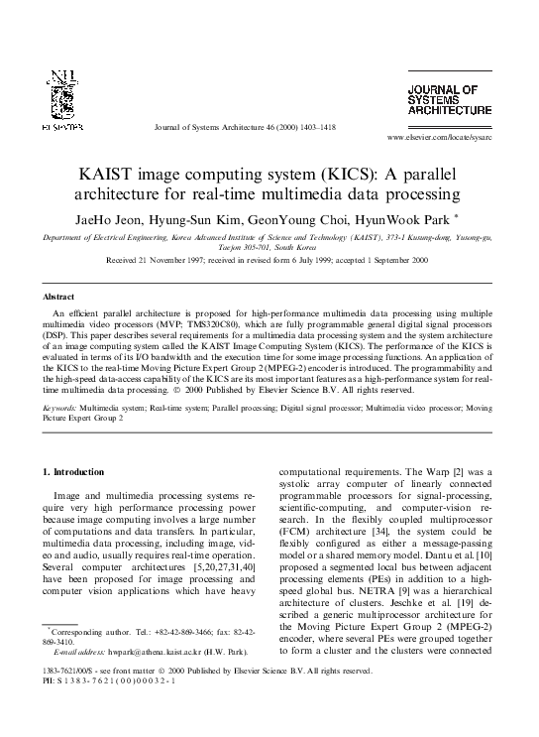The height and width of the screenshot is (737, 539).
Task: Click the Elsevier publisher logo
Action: [62, 100]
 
